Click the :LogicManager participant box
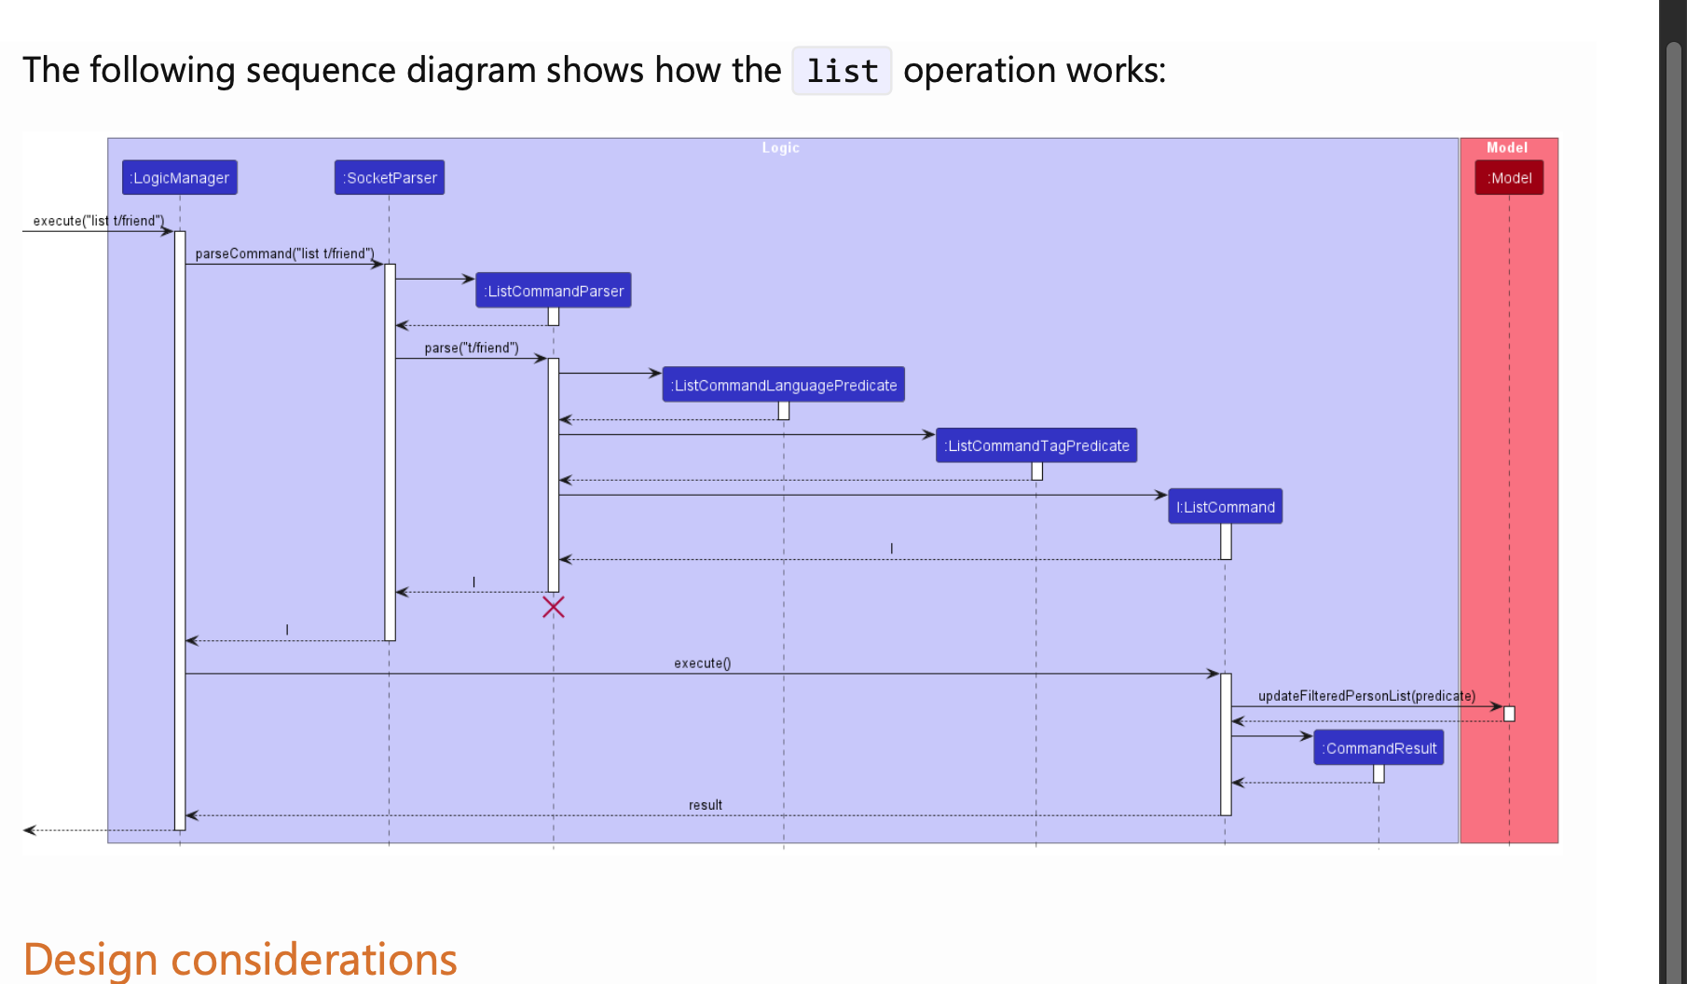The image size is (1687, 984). (x=180, y=178)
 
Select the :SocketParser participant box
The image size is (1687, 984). (x=390, y=178)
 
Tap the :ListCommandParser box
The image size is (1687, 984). (x=554, y=291)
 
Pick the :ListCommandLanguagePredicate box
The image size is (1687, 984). (x=783, y=385)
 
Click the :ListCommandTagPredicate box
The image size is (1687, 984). (x=1036, y=445)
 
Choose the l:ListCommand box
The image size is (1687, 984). (x=1225, y=507)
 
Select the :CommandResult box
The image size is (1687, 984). (x=1378, y=748)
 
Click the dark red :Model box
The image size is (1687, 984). (x=1509, y=178)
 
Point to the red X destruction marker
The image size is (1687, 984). (x=554, y=608)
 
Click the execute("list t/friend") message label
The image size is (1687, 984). (x=98, y=221)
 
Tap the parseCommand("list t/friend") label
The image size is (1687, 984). (x=284, y=253)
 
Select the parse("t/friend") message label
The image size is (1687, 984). (x=472, y=348)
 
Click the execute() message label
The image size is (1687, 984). (x=702, y=663)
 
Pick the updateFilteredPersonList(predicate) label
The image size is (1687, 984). (x=1366, y=696)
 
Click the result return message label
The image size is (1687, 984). (x=705, y=805)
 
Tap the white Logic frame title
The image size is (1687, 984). (x=780, y=148)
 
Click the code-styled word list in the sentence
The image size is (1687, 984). (x=842, y=71)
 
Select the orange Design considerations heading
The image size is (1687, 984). (x=240, y=959)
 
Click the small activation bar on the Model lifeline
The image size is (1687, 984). (x=1509, y=714)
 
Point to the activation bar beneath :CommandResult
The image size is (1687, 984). (x=1378, y=773)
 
